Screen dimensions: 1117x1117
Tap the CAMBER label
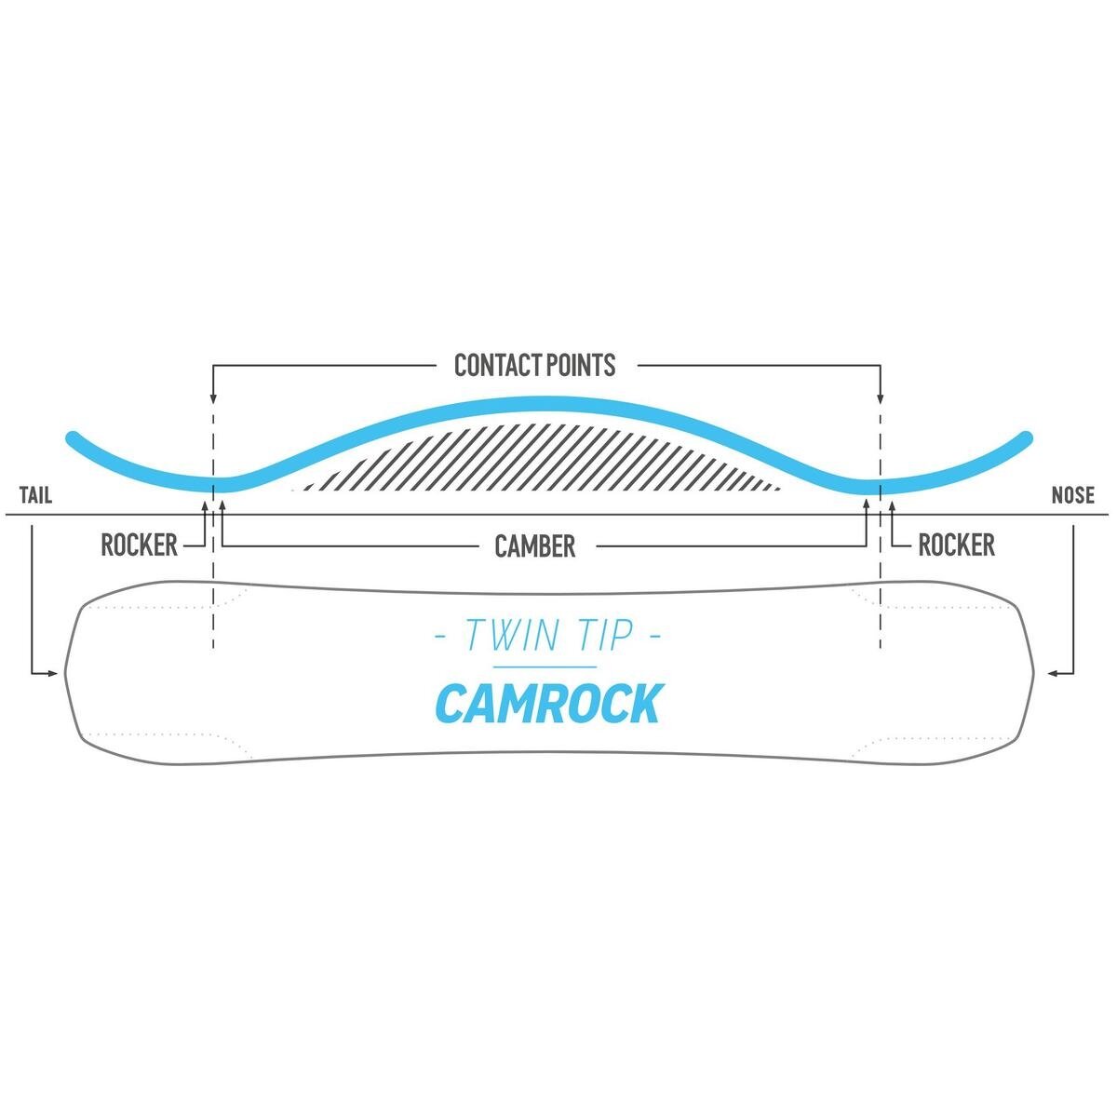click(x=535, y=546)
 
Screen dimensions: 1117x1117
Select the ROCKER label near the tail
click(x=139, y=545)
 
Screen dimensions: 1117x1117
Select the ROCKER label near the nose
click(x=956, y=545)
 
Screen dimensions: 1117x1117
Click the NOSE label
click(x=1072, y=495)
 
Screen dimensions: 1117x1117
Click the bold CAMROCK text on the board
click(x=548, y=704)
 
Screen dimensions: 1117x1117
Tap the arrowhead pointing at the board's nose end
click(x=1055, y=671)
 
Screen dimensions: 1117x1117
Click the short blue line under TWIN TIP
click(x=545, y=667)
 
